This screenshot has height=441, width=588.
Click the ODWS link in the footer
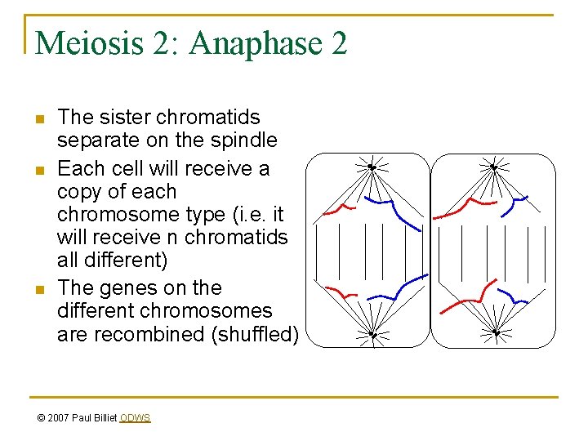pos(135,418)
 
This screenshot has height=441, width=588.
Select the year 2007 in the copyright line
pos(59,418)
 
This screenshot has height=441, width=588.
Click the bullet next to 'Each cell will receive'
pos(38,171)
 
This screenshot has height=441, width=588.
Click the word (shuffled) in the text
pos(258,334)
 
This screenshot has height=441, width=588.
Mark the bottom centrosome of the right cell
pos(496,332)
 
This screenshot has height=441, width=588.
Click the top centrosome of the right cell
pos(494,167)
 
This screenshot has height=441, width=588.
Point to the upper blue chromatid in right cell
pos(516,199)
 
